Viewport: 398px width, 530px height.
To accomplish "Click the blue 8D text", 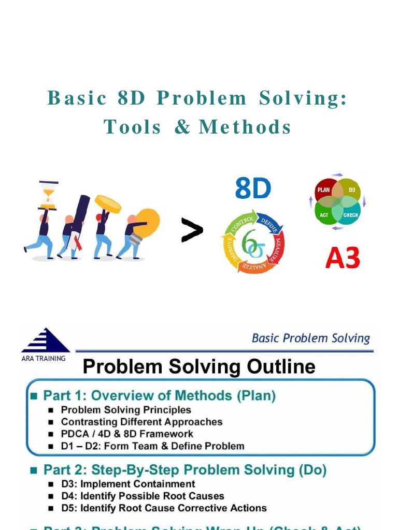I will coord(253,189).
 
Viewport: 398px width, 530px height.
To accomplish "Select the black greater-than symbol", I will coord(192,230).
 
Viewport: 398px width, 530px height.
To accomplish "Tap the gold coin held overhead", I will coord(108,203).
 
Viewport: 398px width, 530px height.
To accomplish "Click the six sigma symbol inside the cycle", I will coord(252,243).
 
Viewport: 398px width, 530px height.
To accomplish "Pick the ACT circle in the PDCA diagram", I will coord(324,214).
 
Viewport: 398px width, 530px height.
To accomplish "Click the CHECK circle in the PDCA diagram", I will coord(351,214).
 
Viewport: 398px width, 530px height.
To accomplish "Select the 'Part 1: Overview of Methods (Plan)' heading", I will coord(159,396).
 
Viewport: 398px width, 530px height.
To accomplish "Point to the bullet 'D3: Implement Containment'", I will coord(127,484).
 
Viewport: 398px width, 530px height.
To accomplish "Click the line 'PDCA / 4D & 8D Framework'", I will coord(126,434).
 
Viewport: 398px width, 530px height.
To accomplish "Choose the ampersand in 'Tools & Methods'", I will coord(182,127).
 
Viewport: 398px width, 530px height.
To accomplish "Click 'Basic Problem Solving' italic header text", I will coord(310,338).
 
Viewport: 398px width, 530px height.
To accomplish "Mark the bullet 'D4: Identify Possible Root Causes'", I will coord(143,496).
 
